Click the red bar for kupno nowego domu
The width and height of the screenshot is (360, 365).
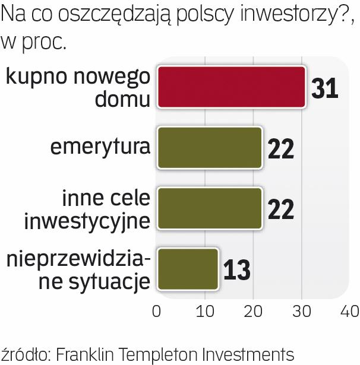(x=231, y=87)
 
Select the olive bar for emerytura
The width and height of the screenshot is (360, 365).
(x=209, y=148)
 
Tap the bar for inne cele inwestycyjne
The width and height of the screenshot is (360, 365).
(x=209, y=208)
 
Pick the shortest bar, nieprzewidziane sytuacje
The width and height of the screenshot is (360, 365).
(x=187, y=269)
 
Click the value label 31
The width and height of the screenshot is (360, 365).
(x=324, y=88)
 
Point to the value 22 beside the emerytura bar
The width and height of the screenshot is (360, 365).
(x=280, y=148)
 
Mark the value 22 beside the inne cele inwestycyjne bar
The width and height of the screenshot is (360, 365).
(x=280, y=209)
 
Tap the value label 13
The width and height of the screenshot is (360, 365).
(x=236, y=269)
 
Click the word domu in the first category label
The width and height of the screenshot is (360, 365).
(x=122, y=99)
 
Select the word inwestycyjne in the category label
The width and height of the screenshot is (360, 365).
(x=87, y=221)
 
